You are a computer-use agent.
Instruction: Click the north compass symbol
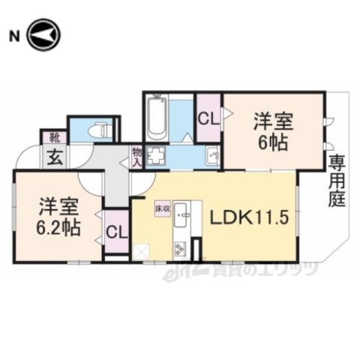coord(42,35)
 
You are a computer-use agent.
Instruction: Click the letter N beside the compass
coord(13,35)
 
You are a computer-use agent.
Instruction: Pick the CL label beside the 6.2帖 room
coord(115,230)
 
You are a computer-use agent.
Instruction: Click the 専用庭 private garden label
coord(334,181)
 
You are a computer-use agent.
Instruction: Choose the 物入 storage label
coord(136,157)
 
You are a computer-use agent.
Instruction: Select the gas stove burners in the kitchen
coord(181,246)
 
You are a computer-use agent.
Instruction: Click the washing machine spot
coord(156,158)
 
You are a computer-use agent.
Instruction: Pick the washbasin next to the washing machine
coord(212,157)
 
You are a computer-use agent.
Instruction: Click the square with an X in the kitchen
coord(140,253)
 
